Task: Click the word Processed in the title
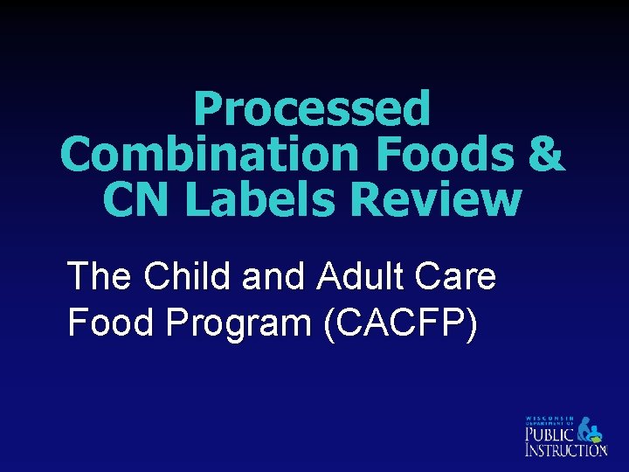click(312, 110)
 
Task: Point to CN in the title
click(132, 200)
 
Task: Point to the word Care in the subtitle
click(454, 277)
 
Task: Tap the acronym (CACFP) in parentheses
click(400, 323)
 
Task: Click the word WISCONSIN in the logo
click(550, 418)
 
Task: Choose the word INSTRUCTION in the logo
click(564, 450)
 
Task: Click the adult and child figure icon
click(591, 427)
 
